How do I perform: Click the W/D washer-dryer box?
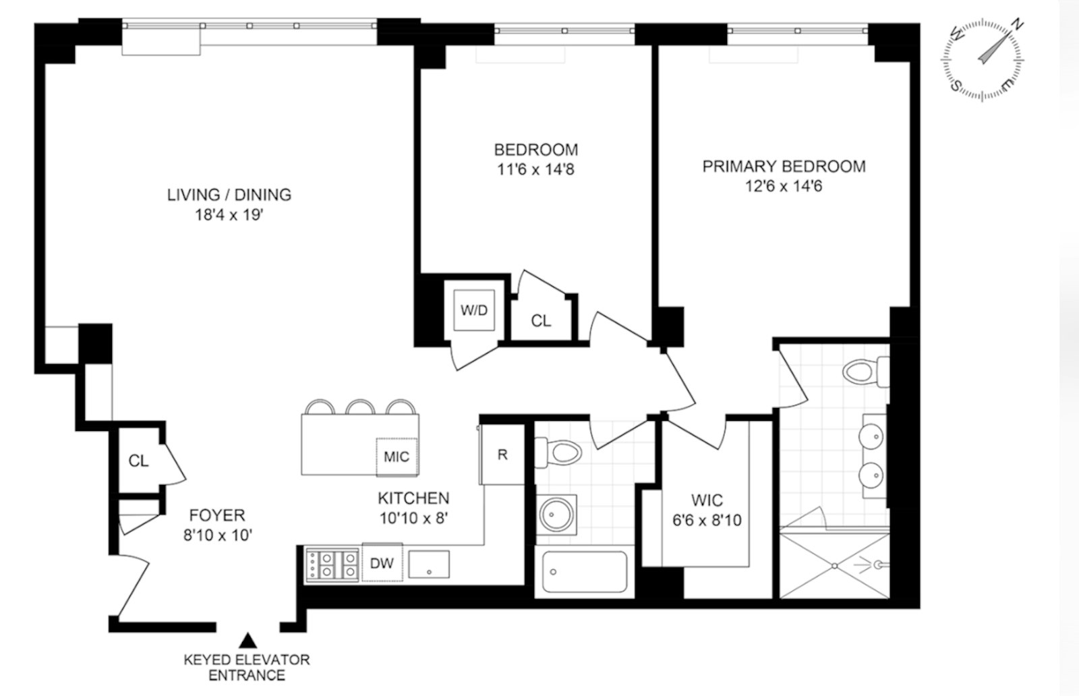pos(474,310)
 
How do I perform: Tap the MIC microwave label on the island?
pos(397,457)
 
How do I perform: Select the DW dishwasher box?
pos(382,563)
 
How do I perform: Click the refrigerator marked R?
pos(502,455)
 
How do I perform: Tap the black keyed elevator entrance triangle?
pos(249,639)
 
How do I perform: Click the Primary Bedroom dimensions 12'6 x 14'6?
pos(784,185)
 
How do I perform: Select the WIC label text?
pos(707,500)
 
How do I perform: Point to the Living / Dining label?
pos(229,195)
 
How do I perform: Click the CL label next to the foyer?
pos(139,461)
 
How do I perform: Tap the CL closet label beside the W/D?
pos(541,321)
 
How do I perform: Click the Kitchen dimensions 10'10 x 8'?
pos(413,518)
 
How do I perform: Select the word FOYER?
pos(217,516)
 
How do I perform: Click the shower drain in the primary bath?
pos(835,565)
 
